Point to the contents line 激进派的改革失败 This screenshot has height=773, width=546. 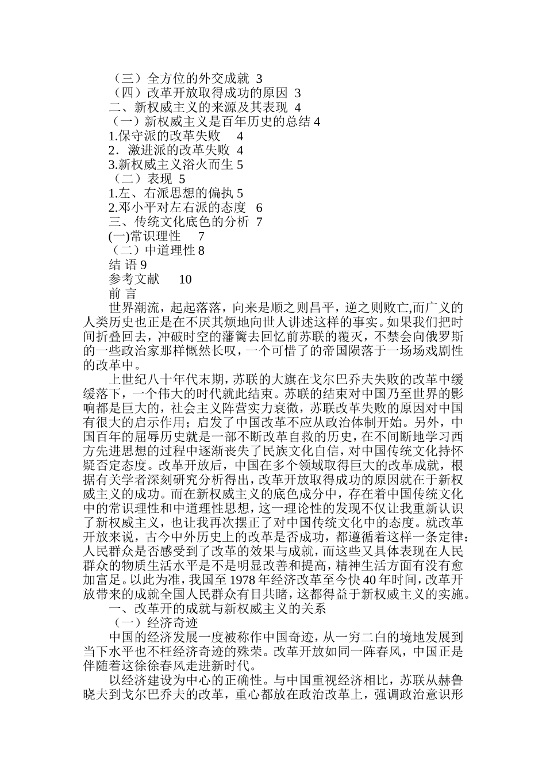click(x=173, y=151)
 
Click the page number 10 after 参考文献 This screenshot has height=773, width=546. click(x=185, y=280)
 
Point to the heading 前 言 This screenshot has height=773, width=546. click(x=123, y=294)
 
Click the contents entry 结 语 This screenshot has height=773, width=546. click(x=123, y=265)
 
